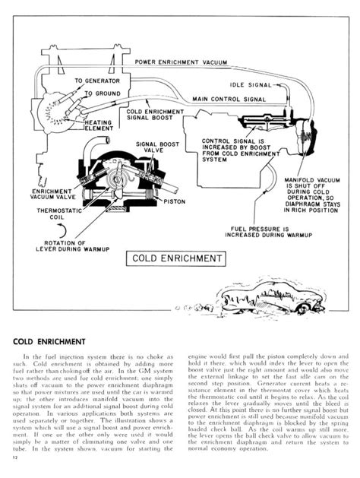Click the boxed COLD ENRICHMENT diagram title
[x=176, y=258]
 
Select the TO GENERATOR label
[x=96, y=80]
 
